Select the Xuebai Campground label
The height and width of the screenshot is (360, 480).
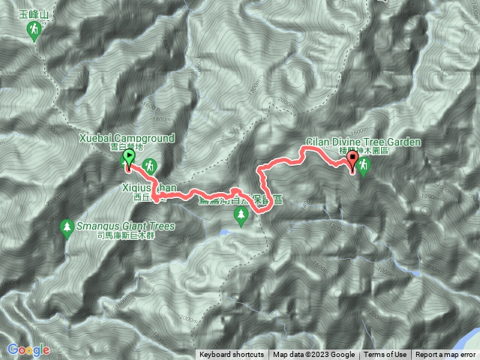(126, 139)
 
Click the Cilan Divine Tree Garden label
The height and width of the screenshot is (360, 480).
(364, 141)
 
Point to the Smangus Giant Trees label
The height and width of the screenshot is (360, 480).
(125, 226)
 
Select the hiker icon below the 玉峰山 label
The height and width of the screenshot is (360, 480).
(34, 31)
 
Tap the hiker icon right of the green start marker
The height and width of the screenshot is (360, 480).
(151, 164)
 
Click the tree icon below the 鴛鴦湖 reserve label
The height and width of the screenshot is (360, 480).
(241, 217)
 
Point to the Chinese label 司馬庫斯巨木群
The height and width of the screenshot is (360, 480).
(125, 235)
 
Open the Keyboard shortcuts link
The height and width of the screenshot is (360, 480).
(232, 355)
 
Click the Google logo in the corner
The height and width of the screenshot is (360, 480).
(28, 349)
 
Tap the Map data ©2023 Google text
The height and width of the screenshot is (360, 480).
(313, 355)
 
